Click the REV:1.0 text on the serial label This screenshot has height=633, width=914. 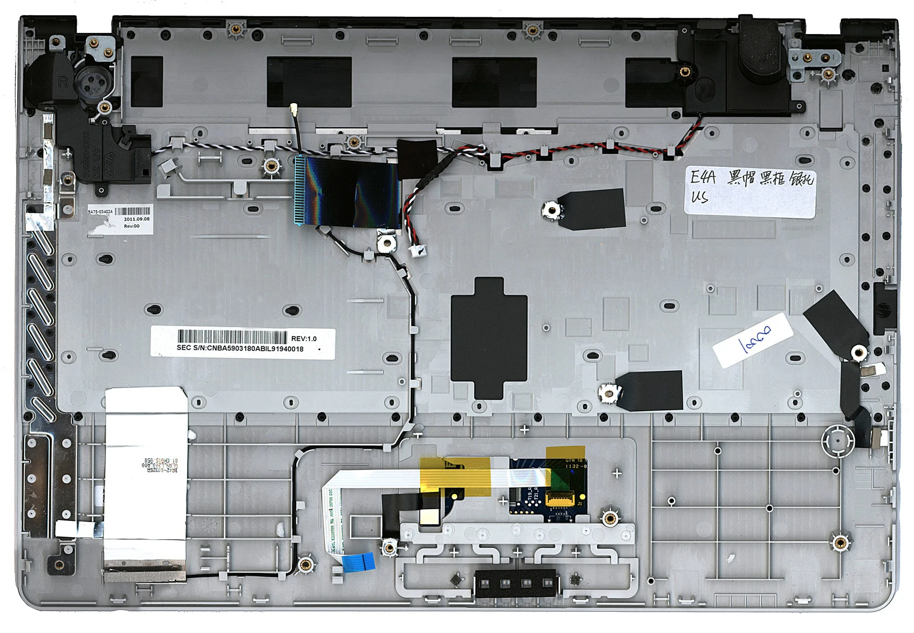304,338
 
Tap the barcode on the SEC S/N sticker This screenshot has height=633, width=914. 232,337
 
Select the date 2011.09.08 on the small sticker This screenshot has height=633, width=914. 137,219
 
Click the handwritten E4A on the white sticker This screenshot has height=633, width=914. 703,178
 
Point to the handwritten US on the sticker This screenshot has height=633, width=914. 700,197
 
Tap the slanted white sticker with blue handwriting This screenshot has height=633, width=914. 753,340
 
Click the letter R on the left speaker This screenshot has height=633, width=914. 63,82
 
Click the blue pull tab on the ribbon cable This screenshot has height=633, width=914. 358,561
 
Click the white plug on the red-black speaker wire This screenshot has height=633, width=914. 415,251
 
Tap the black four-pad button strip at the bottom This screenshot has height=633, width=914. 515,583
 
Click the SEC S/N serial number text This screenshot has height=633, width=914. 240,348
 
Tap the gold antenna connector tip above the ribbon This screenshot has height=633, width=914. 293,107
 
